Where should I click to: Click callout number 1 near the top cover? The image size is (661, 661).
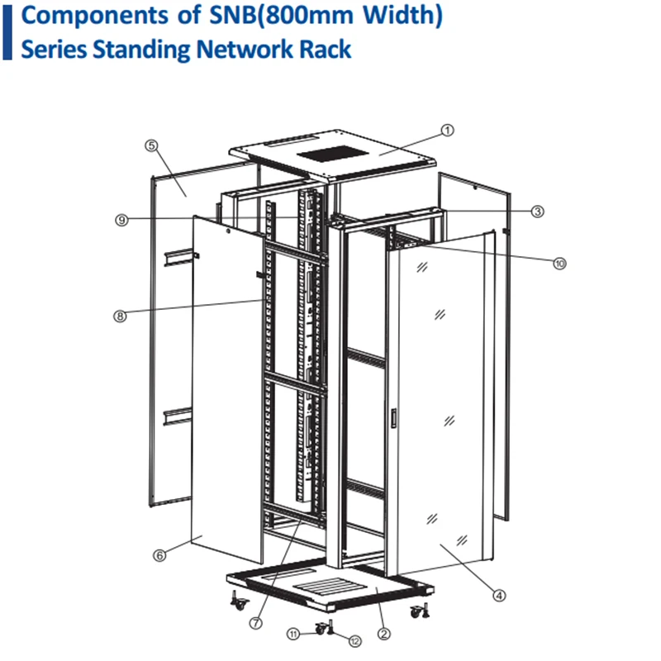447,130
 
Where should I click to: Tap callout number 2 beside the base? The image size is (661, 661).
383,635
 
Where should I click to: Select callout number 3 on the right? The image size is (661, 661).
537,212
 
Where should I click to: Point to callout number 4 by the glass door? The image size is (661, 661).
499,593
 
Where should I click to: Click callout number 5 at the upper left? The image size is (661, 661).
150,145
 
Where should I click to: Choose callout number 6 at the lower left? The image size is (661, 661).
159,555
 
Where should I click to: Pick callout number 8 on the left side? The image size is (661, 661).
121,315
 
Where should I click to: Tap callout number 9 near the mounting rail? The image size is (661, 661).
121,221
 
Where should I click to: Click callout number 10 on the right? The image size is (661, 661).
559,264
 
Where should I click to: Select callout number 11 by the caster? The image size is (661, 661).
293,634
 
